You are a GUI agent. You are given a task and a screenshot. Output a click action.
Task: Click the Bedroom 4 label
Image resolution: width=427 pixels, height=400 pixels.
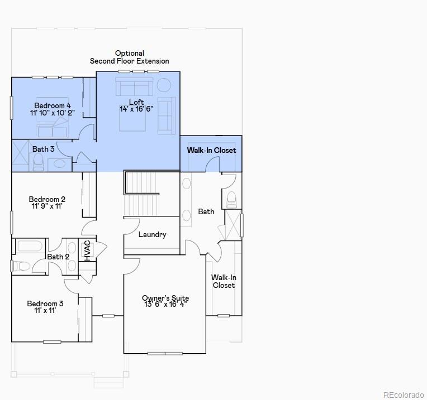coord(53,105)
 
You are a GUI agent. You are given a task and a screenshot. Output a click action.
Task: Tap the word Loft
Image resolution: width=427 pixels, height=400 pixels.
coord(136,102)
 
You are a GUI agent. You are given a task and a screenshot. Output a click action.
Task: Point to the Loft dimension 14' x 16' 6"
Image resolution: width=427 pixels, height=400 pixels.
coord(136,109)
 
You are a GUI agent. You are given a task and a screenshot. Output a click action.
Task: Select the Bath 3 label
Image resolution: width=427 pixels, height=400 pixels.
coord(43,149)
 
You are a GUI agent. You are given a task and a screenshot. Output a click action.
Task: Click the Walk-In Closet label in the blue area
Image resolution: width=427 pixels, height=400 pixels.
coord(211,150)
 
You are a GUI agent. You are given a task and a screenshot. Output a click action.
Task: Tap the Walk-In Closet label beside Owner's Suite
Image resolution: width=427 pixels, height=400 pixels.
coord(223,281)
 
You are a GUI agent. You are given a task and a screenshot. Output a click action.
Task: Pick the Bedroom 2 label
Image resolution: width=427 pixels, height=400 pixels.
coord(47,199)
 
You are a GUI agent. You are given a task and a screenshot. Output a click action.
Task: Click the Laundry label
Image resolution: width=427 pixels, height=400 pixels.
coord(152,234)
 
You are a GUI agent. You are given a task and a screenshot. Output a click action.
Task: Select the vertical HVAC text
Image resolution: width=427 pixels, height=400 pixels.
coord(87,250)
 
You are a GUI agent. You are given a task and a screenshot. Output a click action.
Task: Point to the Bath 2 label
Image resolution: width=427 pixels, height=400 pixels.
coord(58,257)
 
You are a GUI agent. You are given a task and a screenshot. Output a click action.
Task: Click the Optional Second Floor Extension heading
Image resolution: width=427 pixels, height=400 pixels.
coord(129,57)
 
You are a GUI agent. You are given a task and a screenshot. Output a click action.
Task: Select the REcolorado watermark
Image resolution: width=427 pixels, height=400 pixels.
coord(403,394)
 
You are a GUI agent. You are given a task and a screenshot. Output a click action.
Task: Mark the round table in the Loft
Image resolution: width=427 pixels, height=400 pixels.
coord(163,85)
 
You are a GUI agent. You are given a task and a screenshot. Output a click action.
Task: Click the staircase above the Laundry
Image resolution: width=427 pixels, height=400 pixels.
coord(141,192)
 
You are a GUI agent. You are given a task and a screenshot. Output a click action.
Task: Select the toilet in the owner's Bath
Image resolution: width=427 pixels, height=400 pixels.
coord(231,199)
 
